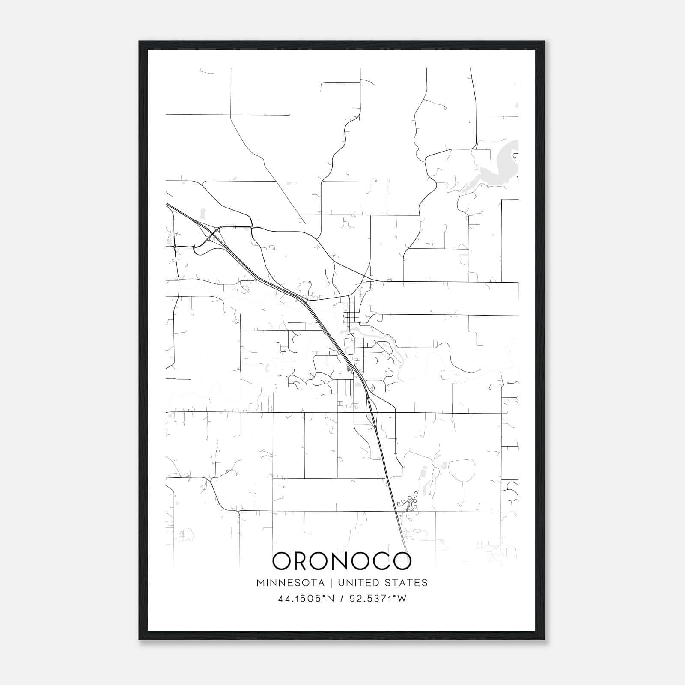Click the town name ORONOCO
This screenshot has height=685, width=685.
[342, 561]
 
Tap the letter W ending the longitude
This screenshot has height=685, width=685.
[401, 599]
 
